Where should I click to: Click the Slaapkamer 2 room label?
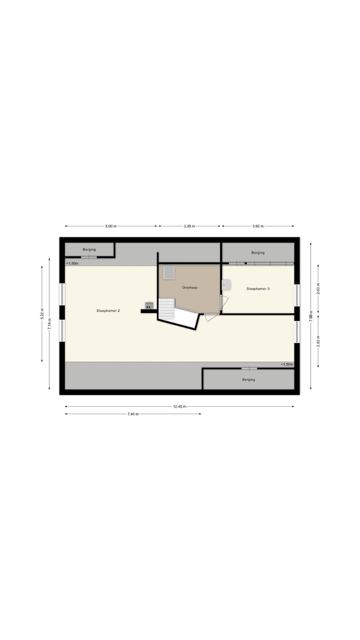[108, 310]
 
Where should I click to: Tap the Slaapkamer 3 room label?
[258, 288]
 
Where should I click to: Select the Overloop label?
[190, 288]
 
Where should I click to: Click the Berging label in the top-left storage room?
[89, 250]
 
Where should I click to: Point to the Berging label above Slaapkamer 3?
[258, 252]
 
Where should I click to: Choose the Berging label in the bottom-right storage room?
[248, 380]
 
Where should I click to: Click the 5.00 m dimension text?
[111, 226]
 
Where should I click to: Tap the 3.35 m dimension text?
[189, 226]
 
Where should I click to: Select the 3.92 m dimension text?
[258, 226]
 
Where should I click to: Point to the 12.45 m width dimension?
[180, 406]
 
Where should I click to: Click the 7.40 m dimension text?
[133, 414]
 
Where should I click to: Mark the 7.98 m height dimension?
[311, 316]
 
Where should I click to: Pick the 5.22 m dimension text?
[42, 314]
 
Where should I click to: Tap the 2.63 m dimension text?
[318, 288]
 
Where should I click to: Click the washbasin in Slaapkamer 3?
[226, 285]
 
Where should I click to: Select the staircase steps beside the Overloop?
[166, 308]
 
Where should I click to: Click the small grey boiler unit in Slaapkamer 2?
[149, 306]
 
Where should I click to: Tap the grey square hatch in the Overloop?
[169, 272]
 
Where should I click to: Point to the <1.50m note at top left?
[72, 263]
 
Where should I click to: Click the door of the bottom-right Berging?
[249, 368]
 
